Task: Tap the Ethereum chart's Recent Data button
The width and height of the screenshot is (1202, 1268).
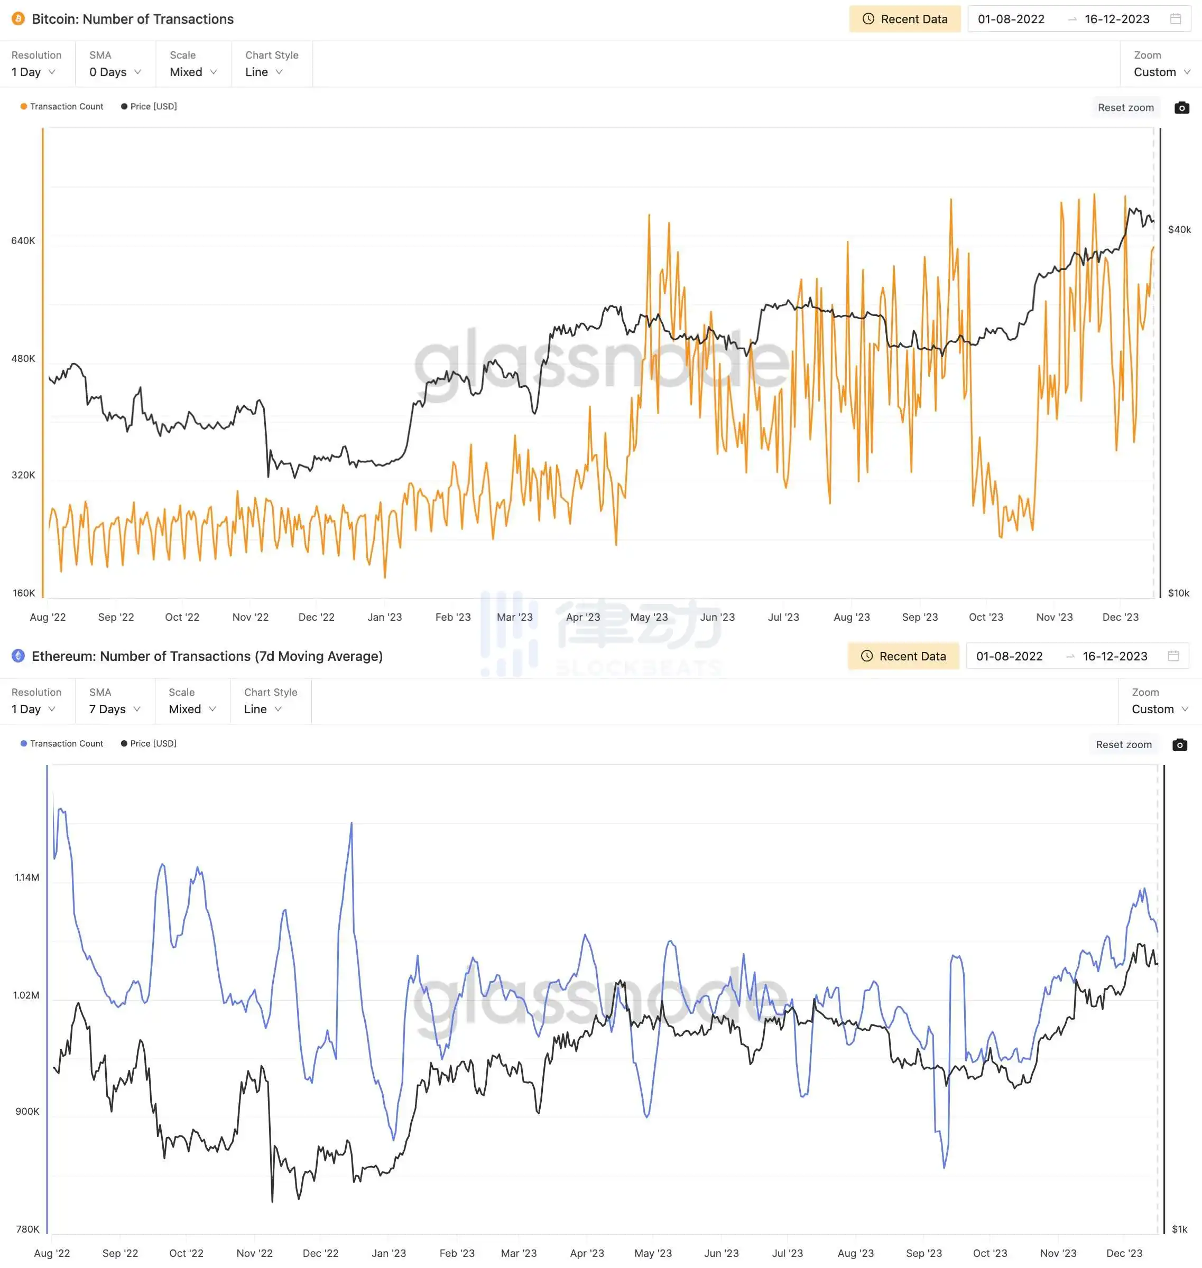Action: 903,656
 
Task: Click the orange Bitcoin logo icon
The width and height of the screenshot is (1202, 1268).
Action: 18,19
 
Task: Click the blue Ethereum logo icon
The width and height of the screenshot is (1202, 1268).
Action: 18,656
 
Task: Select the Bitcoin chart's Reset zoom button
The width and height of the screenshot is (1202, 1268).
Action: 1125,108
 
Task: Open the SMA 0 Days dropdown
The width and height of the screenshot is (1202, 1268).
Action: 115,72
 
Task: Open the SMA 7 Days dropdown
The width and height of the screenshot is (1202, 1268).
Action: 115,709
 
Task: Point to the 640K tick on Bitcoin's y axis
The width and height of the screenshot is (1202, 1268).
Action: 23,241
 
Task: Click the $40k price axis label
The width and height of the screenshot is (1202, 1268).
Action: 1179,229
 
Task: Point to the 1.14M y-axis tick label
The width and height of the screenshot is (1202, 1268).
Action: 27,878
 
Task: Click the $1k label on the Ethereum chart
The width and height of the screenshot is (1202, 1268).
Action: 1179,1229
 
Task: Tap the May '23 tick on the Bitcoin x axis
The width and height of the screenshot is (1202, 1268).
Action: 649,617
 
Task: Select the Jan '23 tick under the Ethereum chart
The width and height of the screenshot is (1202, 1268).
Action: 389,1253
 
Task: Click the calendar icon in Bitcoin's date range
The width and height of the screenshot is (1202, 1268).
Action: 1175,19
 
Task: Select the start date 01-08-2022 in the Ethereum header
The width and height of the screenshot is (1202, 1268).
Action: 1009,656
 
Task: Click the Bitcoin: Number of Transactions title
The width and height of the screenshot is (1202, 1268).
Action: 133,19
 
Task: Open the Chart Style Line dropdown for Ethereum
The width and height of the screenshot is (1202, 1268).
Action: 263,709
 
